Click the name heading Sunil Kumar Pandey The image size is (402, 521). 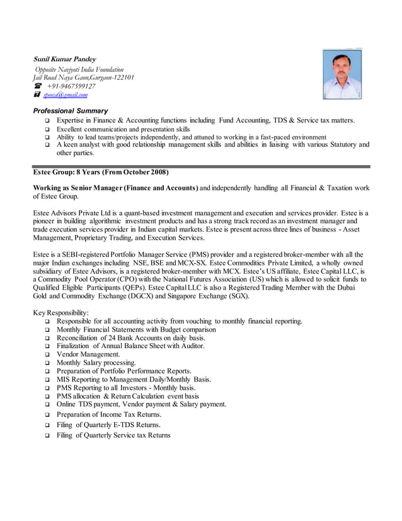64,59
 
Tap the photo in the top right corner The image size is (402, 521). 342,74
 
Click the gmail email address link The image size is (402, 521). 65,95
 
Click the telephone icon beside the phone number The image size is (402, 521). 37,86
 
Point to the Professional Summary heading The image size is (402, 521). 70,110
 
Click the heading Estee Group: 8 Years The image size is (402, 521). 100,172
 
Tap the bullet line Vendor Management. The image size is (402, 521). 88,354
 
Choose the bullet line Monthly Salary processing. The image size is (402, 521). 96,363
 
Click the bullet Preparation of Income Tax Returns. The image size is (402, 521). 109,414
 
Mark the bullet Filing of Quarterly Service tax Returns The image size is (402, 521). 113,435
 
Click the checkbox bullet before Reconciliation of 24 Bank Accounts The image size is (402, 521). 47,338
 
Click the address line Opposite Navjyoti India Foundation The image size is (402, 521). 79,69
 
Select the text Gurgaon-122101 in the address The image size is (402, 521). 112,78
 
